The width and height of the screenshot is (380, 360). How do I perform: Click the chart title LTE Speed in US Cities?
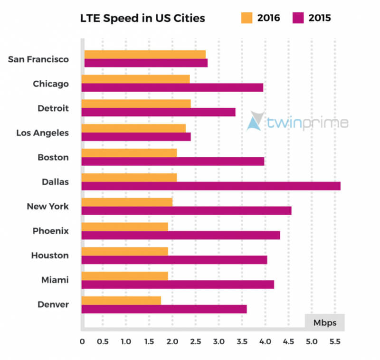pyautogui.click(x=142, y=19)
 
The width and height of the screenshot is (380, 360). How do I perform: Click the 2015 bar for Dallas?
pyautogui.click(x=211, y=186)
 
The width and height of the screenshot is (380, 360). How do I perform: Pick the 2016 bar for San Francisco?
pyautogui.click(x=145, y=54)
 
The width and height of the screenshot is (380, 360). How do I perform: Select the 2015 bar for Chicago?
pyautogui.click(x=172, y=87)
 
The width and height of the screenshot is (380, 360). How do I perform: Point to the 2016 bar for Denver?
pyautogui.click(x=121, y=300)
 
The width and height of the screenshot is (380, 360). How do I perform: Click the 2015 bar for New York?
pyautogui.click(x=186, y=210)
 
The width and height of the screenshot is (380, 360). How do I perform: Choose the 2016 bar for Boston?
pyautogui.click(x=129, y=152)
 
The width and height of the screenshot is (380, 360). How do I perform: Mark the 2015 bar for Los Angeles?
pyautogui.click(x=136, y=137)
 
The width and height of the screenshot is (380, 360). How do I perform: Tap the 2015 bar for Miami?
pyautogui.click(x=178, y=284)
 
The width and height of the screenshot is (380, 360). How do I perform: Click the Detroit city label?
pyautogui.click(x=53, y=108)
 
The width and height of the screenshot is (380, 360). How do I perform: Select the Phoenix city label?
pyautogui.click(x=51, y=231)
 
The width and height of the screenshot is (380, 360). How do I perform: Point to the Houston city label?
pyautogui.click(x=50, y=256)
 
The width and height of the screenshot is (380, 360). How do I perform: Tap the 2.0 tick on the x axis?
pyautogui.click(x=172, y=341)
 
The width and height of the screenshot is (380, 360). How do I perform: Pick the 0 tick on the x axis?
pyautogui.click(x=82, y=341)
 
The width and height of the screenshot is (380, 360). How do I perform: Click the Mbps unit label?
pyautogui.click(x=325, y=323)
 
